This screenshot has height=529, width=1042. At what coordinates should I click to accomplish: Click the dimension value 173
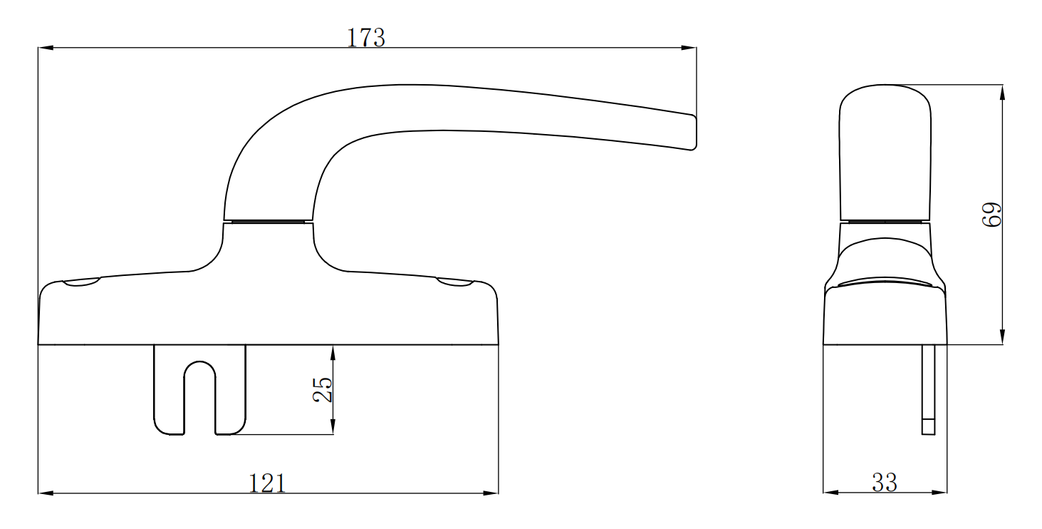point(365,38)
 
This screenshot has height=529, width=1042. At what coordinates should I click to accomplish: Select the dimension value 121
point(267,483)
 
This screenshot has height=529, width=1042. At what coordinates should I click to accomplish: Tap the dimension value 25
point(323,389)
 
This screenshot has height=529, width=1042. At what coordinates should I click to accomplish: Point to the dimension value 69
point(991,214)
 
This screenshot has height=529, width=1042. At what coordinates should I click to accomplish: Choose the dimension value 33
point(885,483)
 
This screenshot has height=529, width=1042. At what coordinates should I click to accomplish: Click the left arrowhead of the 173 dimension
point(44,48)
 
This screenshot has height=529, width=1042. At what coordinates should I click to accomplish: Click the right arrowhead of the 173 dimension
point(689,48)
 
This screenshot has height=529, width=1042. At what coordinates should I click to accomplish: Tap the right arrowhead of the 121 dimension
point(491,493)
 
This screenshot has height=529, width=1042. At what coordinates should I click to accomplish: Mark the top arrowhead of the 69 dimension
point(1002,92)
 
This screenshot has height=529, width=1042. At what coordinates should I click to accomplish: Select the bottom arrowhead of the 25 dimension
point(333,427)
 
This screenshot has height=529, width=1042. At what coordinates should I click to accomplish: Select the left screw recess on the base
point(82,284)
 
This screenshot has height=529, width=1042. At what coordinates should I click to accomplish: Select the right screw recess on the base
point(454,284)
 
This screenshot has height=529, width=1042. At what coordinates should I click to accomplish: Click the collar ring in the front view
point(268,221)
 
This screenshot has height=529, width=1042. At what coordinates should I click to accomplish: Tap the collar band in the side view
point(885,221)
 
